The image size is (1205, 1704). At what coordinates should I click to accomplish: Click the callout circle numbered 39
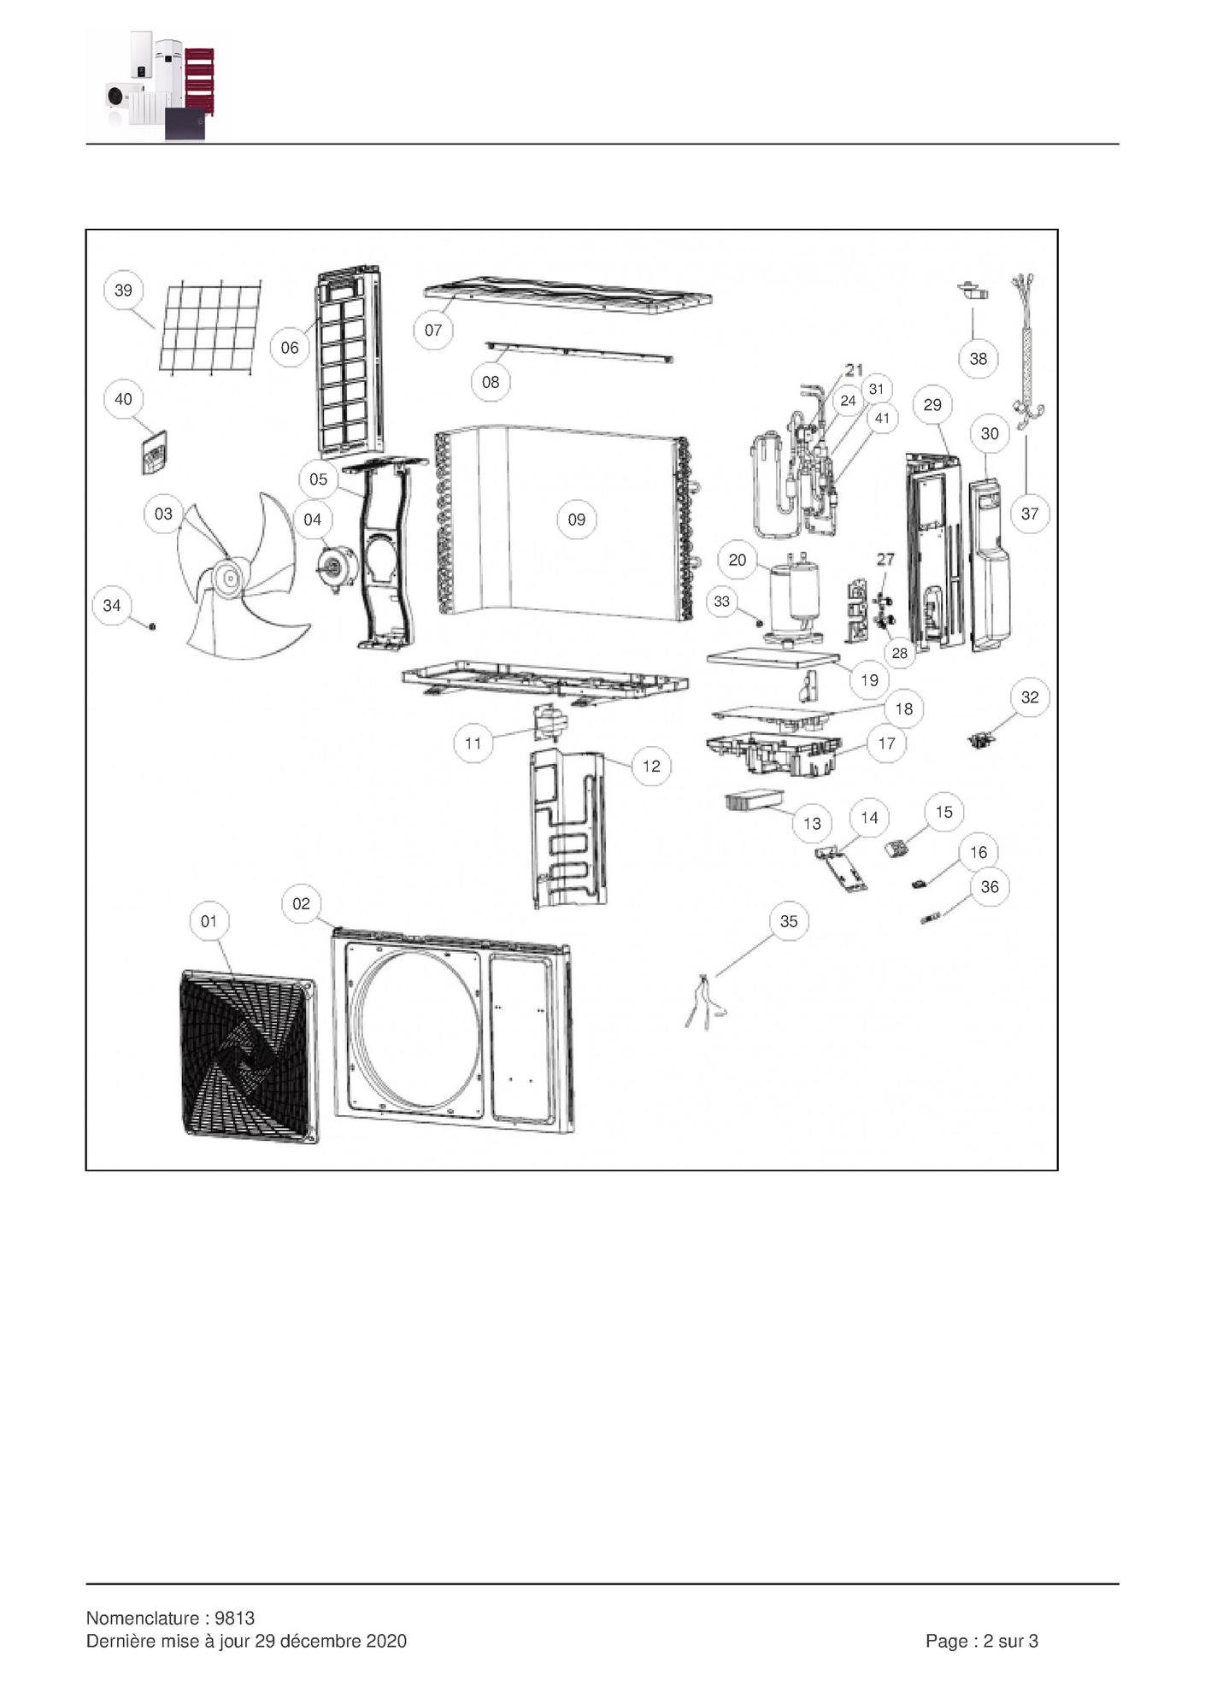click(123, 290)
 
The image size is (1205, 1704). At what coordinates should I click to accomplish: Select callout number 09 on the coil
click(576, 519)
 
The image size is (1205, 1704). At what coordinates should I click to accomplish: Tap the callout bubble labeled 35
click(788, 920)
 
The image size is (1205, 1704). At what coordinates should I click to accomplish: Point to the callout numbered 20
click(737, 560)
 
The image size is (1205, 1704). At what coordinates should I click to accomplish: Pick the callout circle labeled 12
click(651, 766)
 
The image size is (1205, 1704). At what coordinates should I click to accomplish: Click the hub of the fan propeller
click(229, 579)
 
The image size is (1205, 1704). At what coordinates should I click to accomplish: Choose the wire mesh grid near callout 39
click(210, 327)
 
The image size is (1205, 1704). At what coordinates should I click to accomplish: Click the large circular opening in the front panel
click(419, 1026)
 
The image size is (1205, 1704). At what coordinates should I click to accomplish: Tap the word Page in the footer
click(945, 1641)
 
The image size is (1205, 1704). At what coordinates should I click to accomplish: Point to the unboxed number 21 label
click(854, 370)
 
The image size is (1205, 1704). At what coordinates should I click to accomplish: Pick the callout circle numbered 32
click(1029, 697)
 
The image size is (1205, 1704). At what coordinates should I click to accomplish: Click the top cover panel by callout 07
click(567, 294)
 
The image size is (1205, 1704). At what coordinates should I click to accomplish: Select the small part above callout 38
click(973, 291)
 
